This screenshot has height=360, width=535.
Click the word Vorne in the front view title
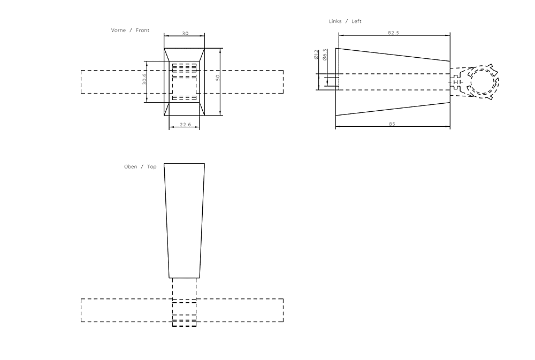118,30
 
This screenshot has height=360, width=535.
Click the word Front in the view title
143,30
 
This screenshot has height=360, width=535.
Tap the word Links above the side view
335,21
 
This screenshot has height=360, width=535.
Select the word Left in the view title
356,21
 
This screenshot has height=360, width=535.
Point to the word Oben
131,166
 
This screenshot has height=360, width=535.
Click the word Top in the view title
152,166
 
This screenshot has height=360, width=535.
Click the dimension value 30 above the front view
185,34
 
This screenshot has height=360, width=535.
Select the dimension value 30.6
144,79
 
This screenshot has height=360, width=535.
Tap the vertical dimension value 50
217,78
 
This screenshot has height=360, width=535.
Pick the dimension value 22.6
185,125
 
